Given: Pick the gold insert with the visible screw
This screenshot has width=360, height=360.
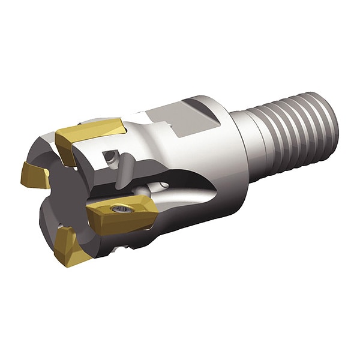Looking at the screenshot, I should pyautogui.click(x=123, y=213).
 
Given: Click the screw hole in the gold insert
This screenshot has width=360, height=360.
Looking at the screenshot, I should pyautogui.click(x=121, y=208).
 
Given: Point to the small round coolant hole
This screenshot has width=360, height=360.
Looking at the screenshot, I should pyautogui.click(x=109, y=157).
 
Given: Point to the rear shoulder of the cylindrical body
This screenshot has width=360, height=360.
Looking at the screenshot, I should pyautogui.click(x=231, y=150).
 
